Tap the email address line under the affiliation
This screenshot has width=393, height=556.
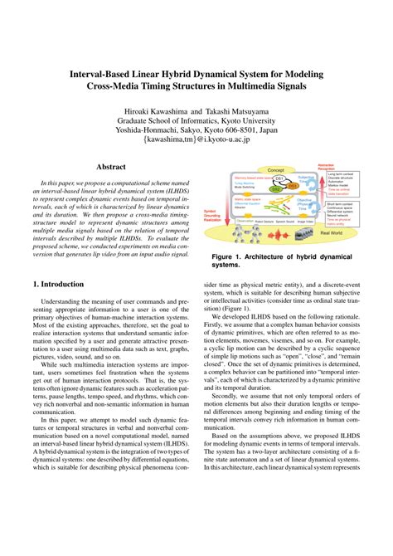coord(196,141)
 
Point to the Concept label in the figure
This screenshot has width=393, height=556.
coord(277,170)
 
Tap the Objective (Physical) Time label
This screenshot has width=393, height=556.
coord(303,202)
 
